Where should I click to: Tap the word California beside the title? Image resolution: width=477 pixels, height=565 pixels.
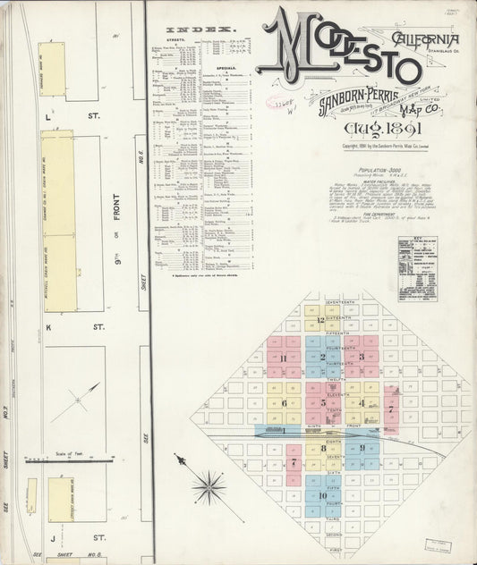(x=426, y=38)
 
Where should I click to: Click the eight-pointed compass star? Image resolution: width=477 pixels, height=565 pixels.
(x=211, y=486)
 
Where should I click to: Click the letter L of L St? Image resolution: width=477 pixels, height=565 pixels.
(x=50, y=115)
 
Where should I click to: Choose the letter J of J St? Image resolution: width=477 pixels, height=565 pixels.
(x=52, y=538)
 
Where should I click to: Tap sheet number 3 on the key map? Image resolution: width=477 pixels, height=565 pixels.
(x=360, y=358)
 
